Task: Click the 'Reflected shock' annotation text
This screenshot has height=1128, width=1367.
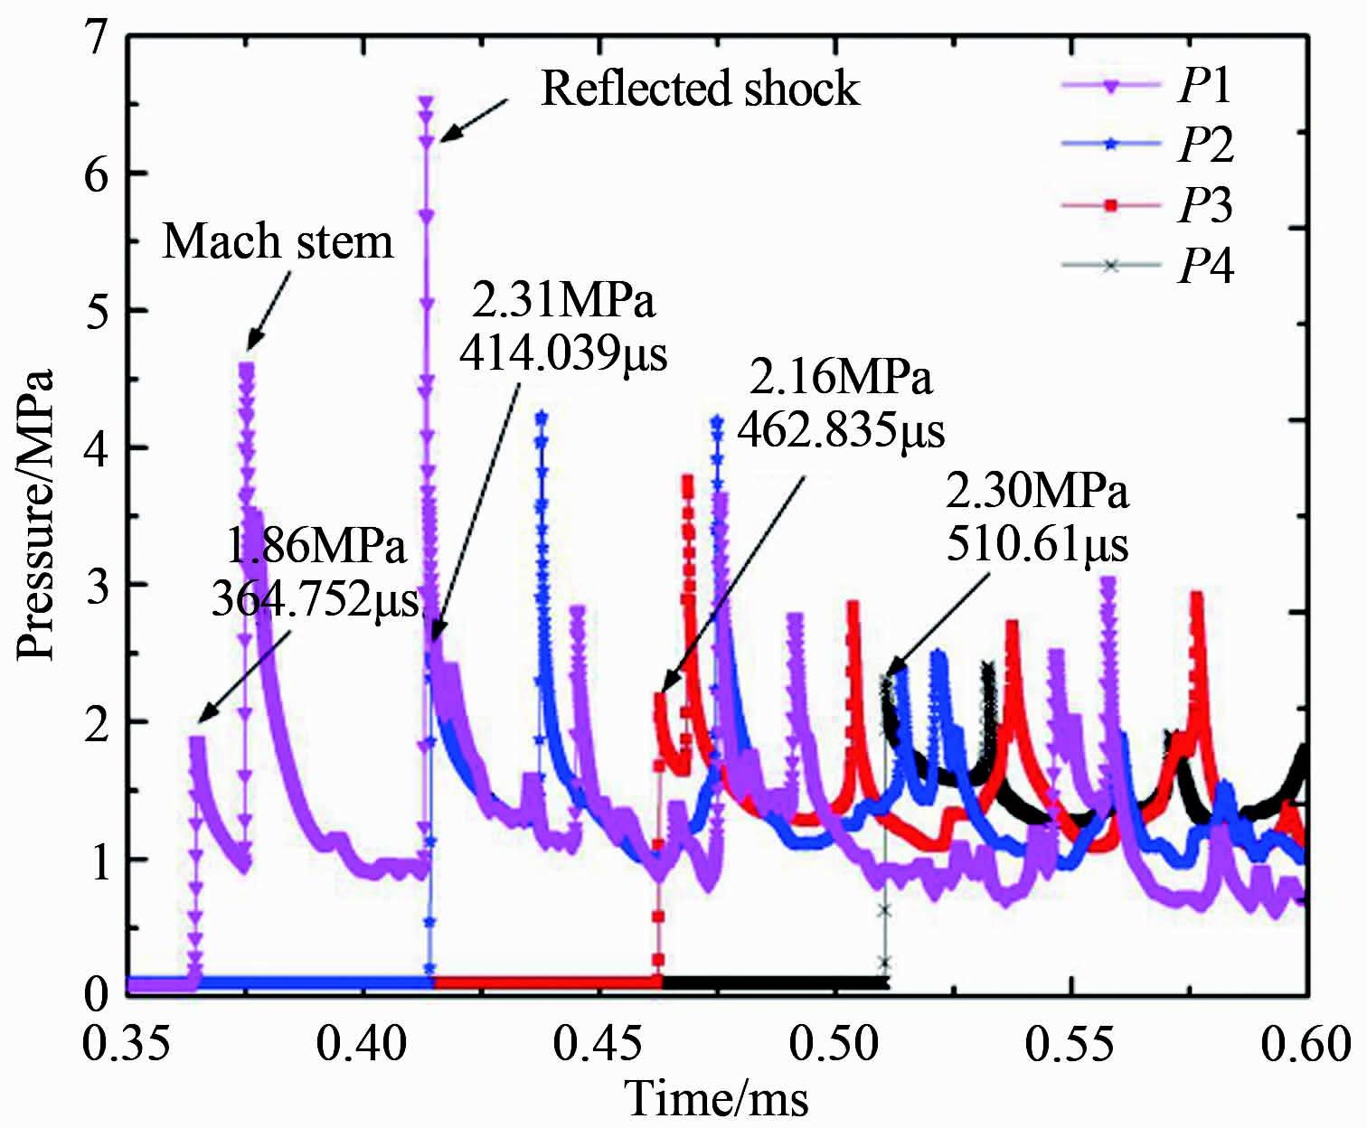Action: click(x=700, y=89)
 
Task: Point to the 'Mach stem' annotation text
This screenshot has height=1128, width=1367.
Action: click(x=278, y=242)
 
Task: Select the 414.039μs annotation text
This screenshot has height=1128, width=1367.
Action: click(x=562, y=354)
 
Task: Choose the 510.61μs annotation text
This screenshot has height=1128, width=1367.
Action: click(x=1038, y=546)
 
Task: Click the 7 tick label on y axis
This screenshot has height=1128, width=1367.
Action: click(x=95, y=38)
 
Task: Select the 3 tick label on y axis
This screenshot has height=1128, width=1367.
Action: click(x=95, y=586)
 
